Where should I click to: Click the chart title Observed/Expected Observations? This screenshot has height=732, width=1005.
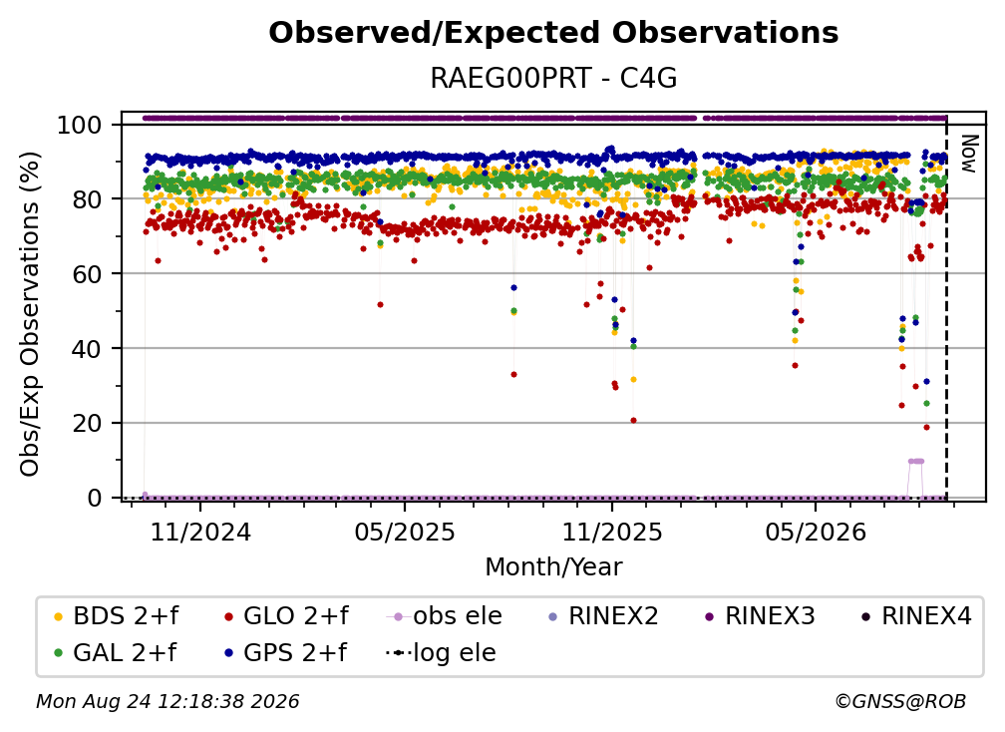[553, 33]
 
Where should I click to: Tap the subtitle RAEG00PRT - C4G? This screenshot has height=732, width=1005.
[553, 79]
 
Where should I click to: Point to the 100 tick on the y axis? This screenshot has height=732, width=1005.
[80, 125]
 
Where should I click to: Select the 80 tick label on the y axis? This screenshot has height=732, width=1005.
[87, 199]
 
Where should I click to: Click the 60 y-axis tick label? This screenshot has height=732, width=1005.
[87, 274]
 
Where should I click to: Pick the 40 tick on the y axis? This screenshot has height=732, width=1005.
[87, 349]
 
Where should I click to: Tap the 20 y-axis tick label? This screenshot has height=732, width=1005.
[87, 424]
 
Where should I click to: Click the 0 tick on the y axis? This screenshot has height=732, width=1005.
[95, 498]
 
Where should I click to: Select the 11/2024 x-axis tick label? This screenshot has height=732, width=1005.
[200, 533]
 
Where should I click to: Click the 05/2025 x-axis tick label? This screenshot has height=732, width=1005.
[405, 533]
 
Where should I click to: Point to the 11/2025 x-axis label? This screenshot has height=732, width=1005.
[612, 533]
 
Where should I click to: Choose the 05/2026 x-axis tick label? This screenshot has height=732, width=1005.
[816, 533]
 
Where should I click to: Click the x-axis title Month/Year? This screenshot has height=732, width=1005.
[553, 567]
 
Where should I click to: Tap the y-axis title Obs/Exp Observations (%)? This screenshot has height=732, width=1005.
[30, 314]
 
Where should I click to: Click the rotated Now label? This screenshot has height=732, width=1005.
[968, 154]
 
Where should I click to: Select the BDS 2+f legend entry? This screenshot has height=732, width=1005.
[117, 616]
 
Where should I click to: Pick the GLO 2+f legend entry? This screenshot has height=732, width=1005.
[286, 616]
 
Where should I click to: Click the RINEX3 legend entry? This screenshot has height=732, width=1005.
[760, 616]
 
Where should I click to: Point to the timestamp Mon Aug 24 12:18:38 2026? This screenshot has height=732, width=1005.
[167, 702]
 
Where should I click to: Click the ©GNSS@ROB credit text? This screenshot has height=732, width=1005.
[900, 702]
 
